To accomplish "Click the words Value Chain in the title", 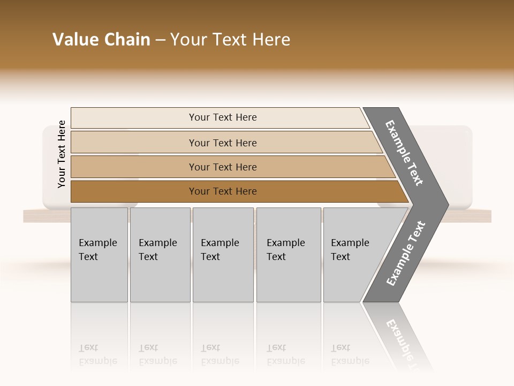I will coord(101,40).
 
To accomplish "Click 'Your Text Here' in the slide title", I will coord(230,40).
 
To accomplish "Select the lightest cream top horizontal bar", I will coord(222,117).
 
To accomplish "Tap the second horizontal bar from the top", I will coord(222,143).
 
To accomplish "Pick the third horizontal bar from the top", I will coord(222,167).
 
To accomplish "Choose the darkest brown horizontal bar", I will coord(222,191).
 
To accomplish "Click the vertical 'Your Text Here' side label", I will coord(62,154).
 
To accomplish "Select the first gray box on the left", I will coord(99,255).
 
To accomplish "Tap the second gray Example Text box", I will coord(160,255).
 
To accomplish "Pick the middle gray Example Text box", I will coord(223,255).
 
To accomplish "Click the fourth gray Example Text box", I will coord(289,255).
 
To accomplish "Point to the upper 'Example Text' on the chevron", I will coord(404,153).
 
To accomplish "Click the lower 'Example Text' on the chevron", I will coord(406,254).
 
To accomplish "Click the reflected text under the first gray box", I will coord(97,354).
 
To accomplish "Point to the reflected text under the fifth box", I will coord(350,354).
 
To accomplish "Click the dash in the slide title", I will coord(160,40).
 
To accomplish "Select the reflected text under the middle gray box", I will coord(220,354).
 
